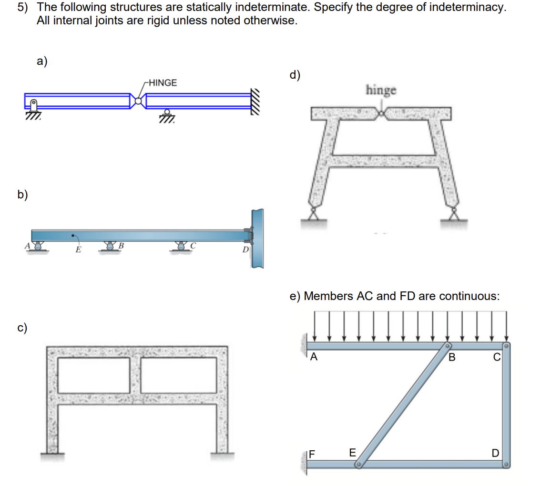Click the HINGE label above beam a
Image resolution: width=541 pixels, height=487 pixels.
(163, 83)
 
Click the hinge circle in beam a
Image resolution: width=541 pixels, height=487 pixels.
(138, 101)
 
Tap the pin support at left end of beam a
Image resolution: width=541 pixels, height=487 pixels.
(34, 108)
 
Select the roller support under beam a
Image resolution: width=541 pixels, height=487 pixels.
(167, 115)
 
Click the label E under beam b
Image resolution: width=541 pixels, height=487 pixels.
(78, 249)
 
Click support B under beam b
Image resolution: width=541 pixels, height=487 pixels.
(111, 246)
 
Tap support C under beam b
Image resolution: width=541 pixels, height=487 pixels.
(182, 246)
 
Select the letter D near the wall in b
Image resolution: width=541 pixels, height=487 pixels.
(245, 249)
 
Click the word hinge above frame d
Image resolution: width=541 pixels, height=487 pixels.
(381, 90)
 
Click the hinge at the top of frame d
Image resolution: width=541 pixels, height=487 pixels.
(381, 114)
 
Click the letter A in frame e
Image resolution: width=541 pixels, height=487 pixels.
(314, 357)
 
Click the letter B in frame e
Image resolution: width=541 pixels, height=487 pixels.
(452, 357)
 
